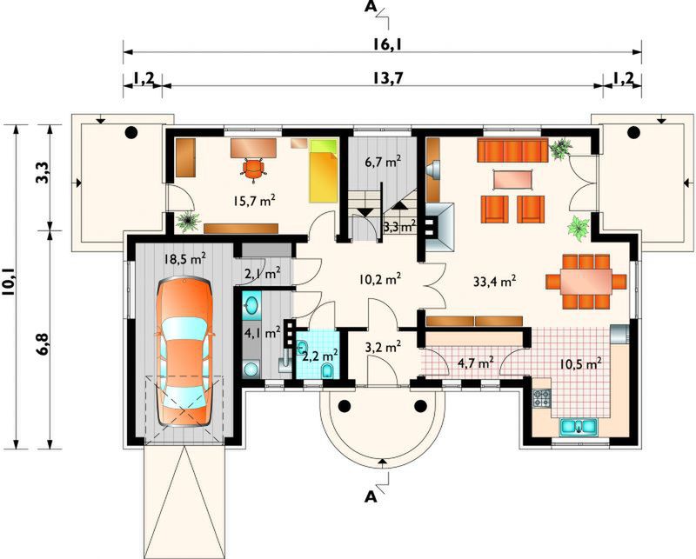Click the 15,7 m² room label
pos(254,201)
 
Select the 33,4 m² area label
pos(494,281)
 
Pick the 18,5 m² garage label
pos(184,258)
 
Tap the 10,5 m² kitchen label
pos(580,363)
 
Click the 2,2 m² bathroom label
pos(320,355)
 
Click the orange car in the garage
pos(185,351)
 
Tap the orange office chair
pos(253,170)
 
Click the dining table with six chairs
pos(586,282)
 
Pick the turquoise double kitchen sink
pos(579,426)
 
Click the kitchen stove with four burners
pos(541,398)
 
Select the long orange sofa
pos(512,150)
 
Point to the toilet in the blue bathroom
pos(328,371)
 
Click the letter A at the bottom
pos(371,496)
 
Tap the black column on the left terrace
pos(131,132)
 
